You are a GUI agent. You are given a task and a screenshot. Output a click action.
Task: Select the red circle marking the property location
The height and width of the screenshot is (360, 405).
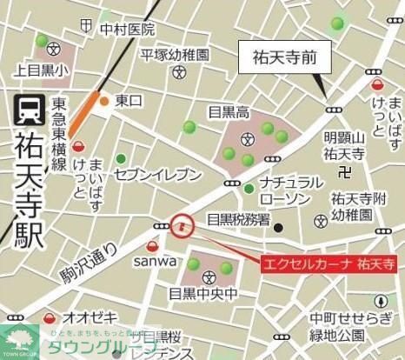pos(182,227)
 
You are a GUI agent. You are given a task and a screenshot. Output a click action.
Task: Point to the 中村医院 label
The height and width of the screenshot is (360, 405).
pos(126,30)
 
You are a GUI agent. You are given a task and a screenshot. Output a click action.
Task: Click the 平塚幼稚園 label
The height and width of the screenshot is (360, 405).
pos(176,55)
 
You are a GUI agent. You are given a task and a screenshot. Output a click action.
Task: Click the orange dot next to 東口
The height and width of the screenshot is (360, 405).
pos(104,101)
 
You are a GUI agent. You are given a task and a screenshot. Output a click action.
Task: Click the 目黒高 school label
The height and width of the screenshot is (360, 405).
pos(229,111)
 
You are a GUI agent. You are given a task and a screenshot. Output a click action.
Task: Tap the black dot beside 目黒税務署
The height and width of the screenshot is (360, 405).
pos(278,228)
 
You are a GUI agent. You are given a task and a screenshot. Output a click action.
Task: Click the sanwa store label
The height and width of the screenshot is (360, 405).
pos(155,260)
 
